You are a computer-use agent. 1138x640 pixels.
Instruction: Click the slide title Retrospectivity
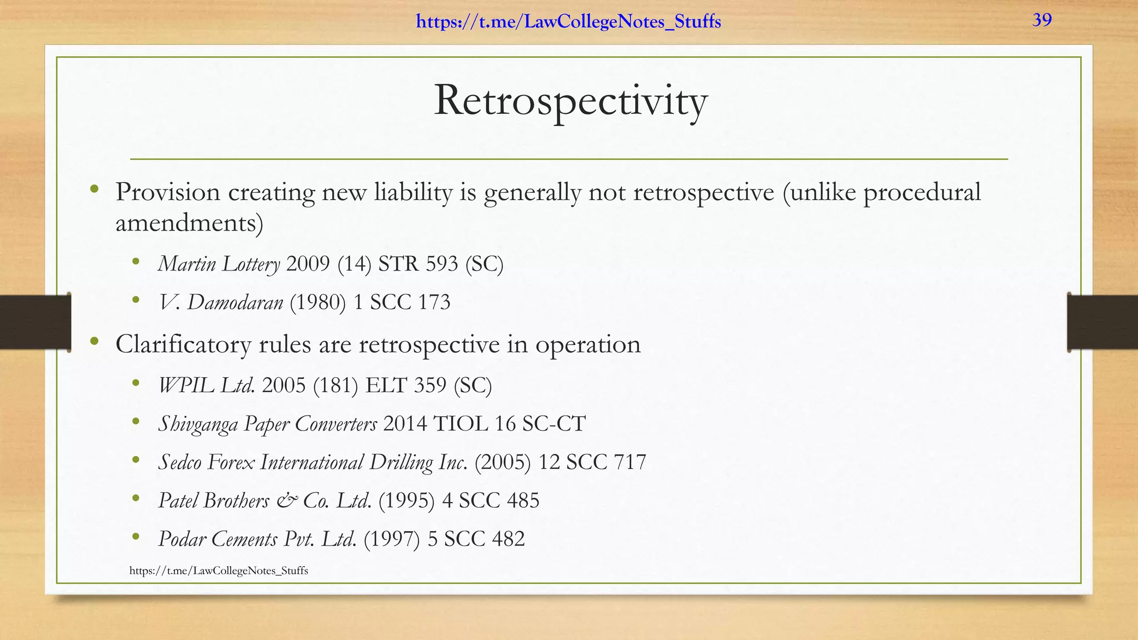pos(570,101)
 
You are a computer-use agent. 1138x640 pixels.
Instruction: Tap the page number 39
pos(1042,20)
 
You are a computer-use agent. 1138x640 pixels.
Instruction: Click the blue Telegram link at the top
pos(568,22)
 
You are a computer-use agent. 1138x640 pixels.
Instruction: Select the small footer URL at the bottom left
pos(218,571)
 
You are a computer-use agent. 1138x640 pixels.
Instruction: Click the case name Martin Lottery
pos(219,264)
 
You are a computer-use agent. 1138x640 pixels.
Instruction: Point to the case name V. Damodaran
pos(221,302)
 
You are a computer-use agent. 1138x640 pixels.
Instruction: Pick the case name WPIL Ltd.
pos(207,385)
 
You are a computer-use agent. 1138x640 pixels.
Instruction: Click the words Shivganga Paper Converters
pos(267,424)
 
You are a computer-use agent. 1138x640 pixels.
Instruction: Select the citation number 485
pos(523,501)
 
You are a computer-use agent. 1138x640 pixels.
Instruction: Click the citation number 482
pos(508,539)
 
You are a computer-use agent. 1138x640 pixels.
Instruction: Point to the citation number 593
pos(442,264)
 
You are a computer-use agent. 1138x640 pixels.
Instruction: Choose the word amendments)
pos(189,223)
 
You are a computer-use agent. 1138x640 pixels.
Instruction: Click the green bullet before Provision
pos(94,189)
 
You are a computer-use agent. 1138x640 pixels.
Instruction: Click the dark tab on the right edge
pos(1102,323)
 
